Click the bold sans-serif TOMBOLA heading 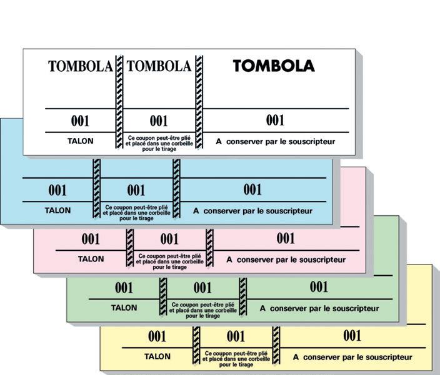[274, 66]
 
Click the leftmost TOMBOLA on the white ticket [81, 66]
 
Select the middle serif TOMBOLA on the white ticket [159, 66]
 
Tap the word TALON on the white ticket [80, 141]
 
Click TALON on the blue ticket [57, 210]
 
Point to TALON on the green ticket [124, 308]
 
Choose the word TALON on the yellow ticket [157, 357]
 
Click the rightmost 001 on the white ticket [275, 120]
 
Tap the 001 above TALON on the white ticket [80, 121]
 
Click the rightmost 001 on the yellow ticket [352, 336]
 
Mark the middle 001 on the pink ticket [169, 239]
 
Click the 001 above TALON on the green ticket [124, 288]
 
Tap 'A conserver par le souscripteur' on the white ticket [276, 142]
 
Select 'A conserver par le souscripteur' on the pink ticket [286, 259]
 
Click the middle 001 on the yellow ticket [236, 337]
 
